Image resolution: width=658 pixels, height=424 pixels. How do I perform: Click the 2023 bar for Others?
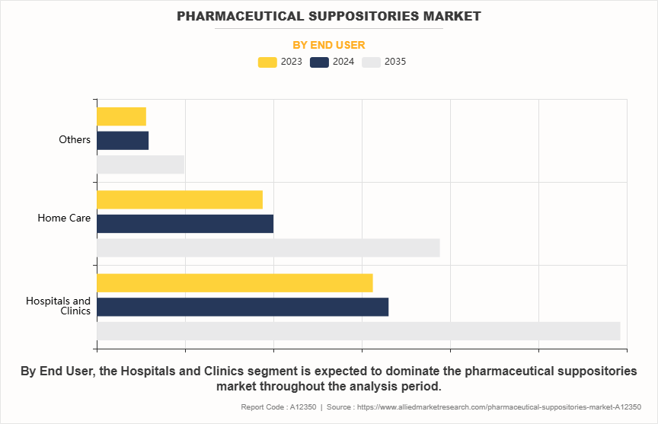click(x=121, y=116)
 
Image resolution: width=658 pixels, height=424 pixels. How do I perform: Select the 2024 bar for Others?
click(x=123, y=141)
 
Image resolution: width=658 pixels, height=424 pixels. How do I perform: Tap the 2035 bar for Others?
click(x=140, y=164)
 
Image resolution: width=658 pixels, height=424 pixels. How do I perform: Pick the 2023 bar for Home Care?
click(x=180, y=199)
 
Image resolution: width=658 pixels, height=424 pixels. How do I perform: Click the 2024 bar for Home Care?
click(x=185, y=224)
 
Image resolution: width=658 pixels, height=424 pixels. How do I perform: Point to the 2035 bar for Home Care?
click(x=268, y=247)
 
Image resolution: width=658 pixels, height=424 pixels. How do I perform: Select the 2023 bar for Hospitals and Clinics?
click(x=235, y=282)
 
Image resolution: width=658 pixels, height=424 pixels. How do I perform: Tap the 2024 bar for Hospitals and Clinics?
click(x=242, y=307)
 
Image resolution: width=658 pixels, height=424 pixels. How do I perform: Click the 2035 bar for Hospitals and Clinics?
click(x=358, y=331)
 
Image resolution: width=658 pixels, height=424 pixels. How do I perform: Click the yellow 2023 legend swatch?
click(x=267, y=62)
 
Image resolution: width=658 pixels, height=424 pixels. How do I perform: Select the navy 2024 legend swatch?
click(x=320, y=62)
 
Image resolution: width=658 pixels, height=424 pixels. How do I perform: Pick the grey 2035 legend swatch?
click(x=372, y=62)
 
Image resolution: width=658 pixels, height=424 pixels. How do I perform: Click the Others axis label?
click(x=75, y=140)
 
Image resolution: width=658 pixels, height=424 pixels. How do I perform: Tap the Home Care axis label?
click(x=64, y=218)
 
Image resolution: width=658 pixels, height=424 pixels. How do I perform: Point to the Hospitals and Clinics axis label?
click(x=59, y=306)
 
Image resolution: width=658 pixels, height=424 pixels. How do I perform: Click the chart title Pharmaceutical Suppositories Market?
click(x=329, y=15)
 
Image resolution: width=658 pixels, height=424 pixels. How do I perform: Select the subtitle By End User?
click(x=329, y=45)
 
